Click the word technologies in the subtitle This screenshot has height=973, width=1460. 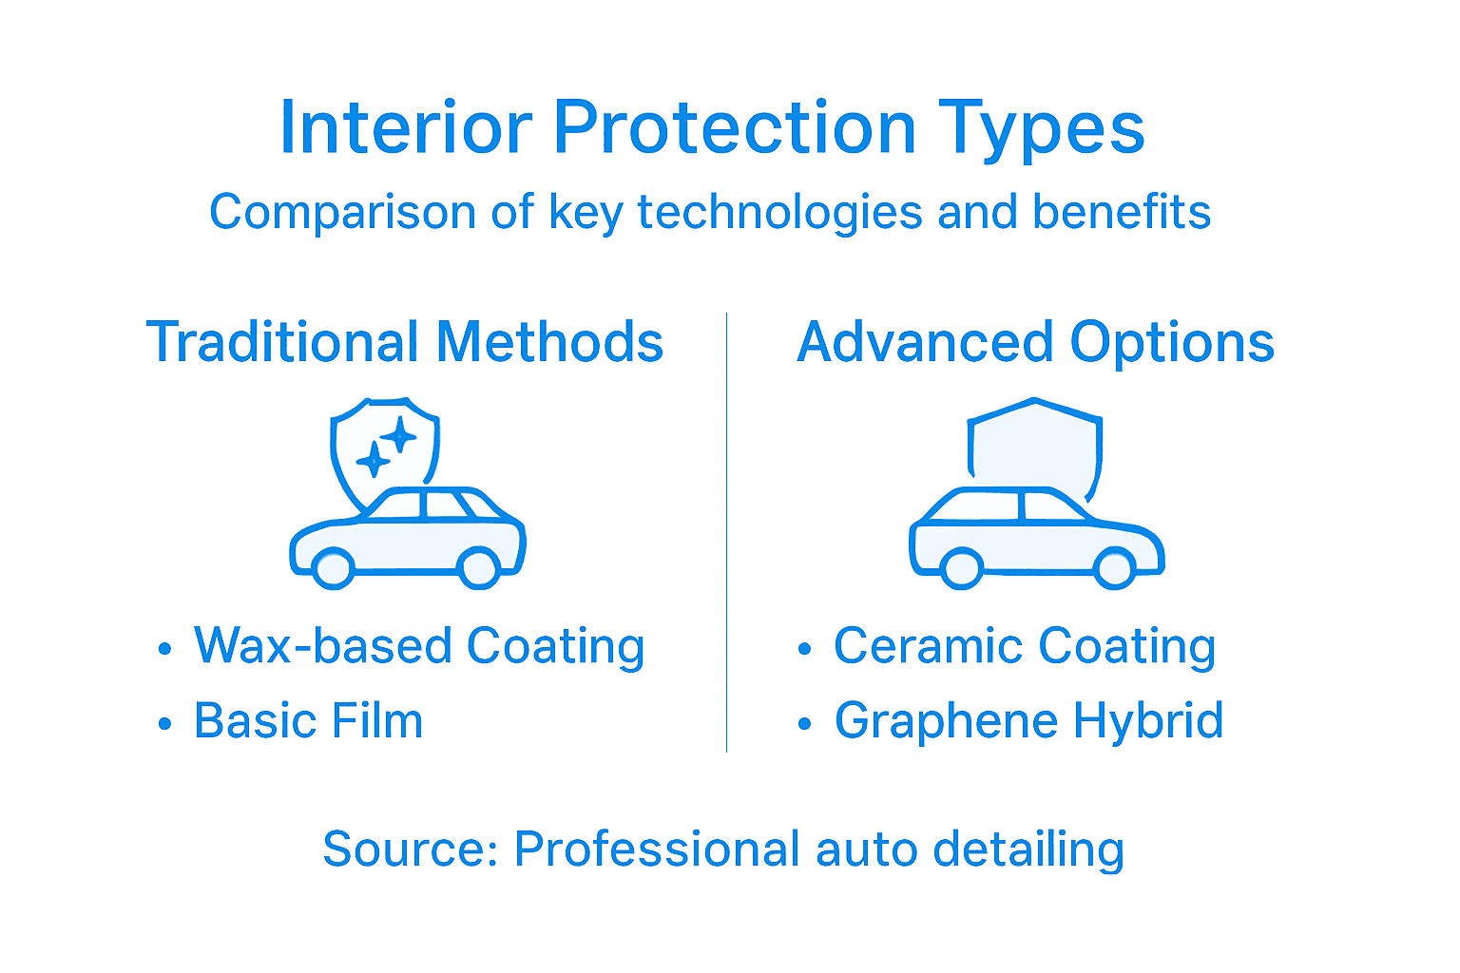(x=779, y=212)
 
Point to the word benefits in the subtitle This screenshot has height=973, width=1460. (x=1122, y=212)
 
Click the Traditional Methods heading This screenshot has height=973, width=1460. (x=405, y=342)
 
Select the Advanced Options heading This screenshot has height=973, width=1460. (x=1035, y=342)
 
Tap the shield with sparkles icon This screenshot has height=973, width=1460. (x=384, y=447)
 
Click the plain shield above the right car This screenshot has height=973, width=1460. (x=1034, y=443)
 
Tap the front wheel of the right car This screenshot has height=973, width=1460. (x=961, y=568)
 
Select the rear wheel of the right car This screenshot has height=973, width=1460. (x=1114, y=568)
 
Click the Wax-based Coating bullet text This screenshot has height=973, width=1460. (x=419, y=646)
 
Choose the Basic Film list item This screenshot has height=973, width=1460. (x=308, y=720)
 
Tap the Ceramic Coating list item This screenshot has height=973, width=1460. (x=1025, y=646)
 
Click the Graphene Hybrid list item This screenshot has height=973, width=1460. (x=1028, y=720)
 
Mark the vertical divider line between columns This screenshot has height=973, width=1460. (x=727, y=532)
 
